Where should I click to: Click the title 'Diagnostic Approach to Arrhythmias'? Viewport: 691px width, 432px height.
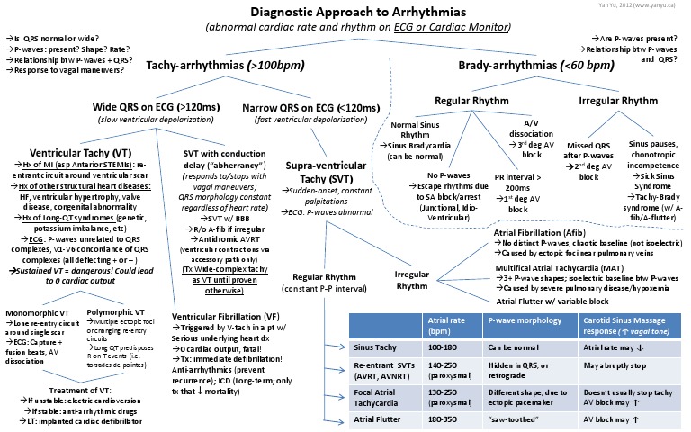(345, 12)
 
